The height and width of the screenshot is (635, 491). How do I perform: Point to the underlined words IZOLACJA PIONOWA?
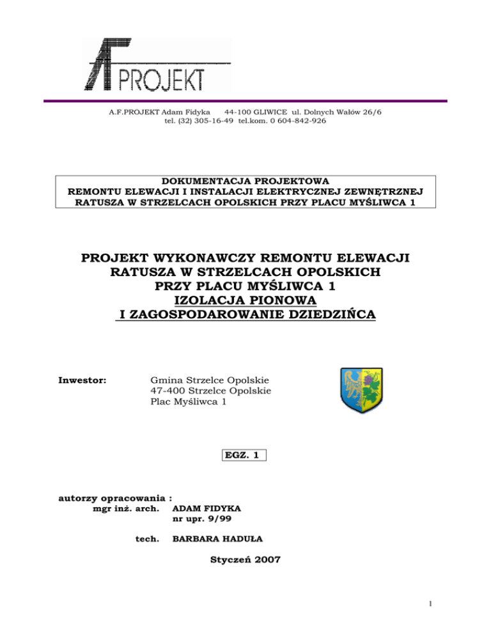pyautogui.click(x=245, y=300)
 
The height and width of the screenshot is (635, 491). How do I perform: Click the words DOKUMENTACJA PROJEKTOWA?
pyautogui.click(x=245, y=181)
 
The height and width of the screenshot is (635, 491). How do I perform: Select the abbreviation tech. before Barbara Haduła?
pyautogui.click(x=148, y=540)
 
